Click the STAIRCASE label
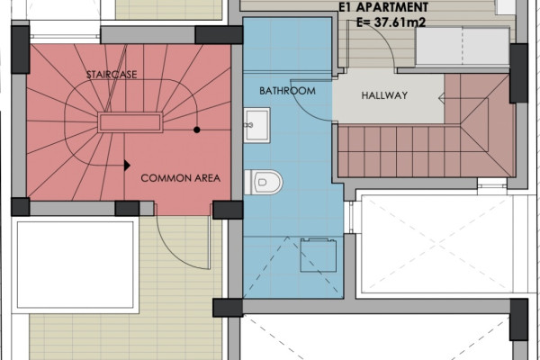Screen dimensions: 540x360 [x=112, y=75]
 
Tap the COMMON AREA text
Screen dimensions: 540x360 [x=181, y=178]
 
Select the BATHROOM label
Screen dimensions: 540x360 [x=287, y=91]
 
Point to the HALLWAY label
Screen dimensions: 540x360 [x=384, y=95]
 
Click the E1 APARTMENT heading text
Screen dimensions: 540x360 [x=383, y=7]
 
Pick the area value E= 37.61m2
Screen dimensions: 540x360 [x=391, y=22]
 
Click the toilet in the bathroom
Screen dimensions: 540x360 [x=263, y=182]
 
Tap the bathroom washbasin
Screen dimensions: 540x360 [x=256, y=125]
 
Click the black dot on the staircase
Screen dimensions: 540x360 [x=196, y=130]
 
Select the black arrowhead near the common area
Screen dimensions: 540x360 [x=127, y=166]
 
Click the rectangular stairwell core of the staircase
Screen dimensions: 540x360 [x=130, y=122]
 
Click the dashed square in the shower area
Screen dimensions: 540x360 [x=319, y=256]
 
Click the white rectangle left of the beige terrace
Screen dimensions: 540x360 [x=75, y=265]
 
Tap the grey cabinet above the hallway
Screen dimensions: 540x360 [x=463, y=47]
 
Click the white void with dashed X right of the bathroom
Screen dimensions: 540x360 [x=437, y=244]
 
